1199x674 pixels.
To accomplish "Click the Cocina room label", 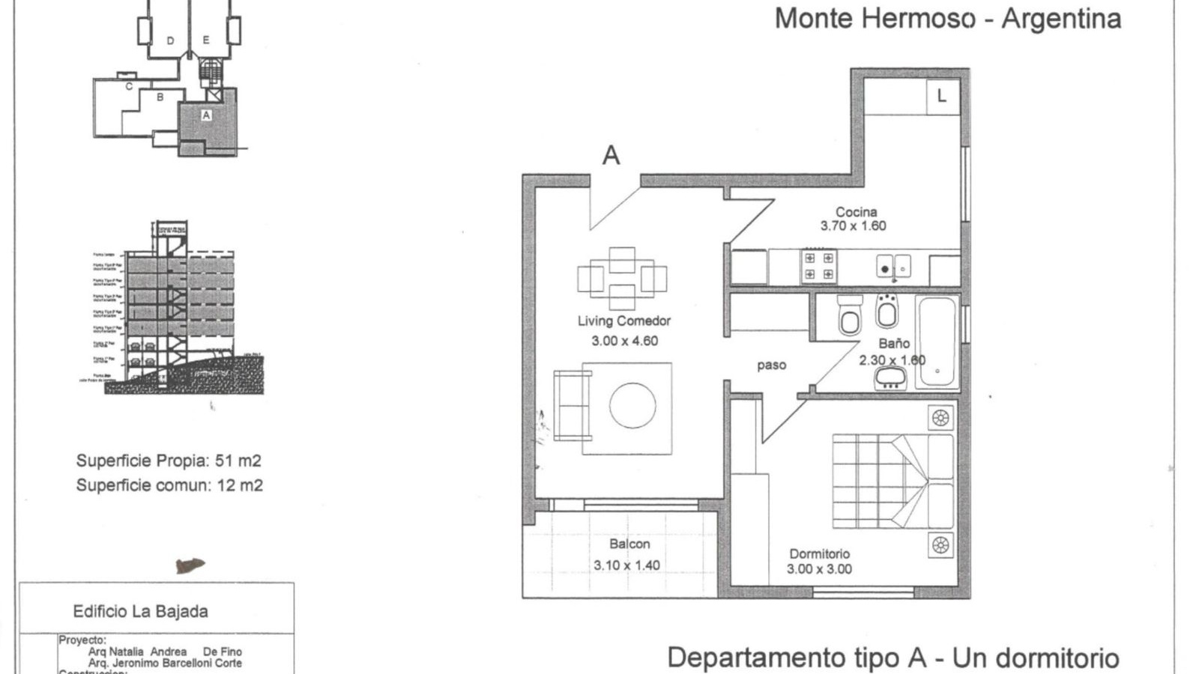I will [x=856, y=212].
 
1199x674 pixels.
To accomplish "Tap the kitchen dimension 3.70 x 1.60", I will [x=853, y=226].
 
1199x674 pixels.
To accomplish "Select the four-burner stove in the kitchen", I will [x=818, y=267].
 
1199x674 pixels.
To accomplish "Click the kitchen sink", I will [x=893, y=267].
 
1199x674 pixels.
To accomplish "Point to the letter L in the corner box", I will [x=942, y=96].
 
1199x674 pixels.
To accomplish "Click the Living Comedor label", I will [x=623, y=321].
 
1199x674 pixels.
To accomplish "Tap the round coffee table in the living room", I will [x=632, y=405].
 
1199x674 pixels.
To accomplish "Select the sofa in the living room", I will [x=571, y=405].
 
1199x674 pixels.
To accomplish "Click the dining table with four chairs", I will [x=622, y=279].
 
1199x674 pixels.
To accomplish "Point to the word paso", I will [x=771, y=365].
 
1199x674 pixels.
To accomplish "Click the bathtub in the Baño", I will [x=937, y=341].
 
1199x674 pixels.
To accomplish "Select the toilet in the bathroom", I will [x=850, y=315].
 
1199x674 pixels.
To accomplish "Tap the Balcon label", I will [x=629, y=544].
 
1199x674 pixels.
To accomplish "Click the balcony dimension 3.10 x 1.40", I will [x=626, y=565].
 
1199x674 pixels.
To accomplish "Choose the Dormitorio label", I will [x=819, y=554].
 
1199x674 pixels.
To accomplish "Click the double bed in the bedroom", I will [x=893, y=481].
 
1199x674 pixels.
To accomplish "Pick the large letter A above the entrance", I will [x=611, y=156].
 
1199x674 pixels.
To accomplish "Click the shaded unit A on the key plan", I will [x=207, y=120].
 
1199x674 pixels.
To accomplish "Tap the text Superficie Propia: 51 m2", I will [x=169, y=461].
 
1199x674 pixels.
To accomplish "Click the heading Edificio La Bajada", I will [x=140, y=611].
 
